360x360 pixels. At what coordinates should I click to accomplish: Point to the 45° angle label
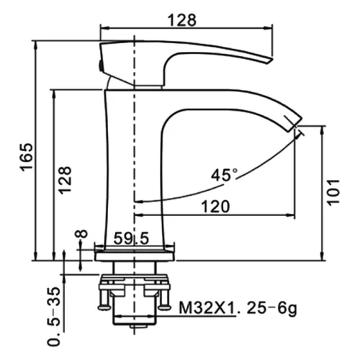[x=224, y=174]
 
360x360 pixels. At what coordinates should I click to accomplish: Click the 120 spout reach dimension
[x=215, y=206]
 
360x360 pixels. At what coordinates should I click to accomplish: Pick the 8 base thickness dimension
[x=81, y=235]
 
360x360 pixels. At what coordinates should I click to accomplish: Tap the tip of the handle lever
[x=269, y=59]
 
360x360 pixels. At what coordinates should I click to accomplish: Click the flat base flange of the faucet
[x=135, y=253]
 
